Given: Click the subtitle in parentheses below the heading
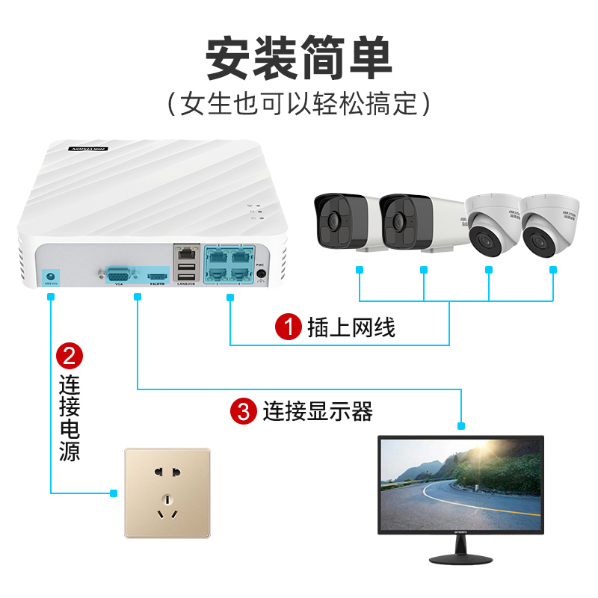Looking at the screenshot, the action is (298, 103).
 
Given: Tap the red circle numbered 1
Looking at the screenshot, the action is (288, 327).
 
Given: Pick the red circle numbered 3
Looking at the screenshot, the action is (243, 410).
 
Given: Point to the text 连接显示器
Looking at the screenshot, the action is (317, 410).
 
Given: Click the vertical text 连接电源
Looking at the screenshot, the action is (70, 419).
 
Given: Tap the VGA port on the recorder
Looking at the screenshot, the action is (118, 274).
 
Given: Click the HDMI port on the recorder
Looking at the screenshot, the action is (158, 274).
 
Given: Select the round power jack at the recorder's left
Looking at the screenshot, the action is (51, 274).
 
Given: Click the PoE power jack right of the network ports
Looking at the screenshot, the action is (261, 273).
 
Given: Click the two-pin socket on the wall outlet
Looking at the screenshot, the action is (167, 474).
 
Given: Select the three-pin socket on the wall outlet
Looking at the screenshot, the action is (167, 508).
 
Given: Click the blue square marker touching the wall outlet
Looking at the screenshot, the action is (114, 493).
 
